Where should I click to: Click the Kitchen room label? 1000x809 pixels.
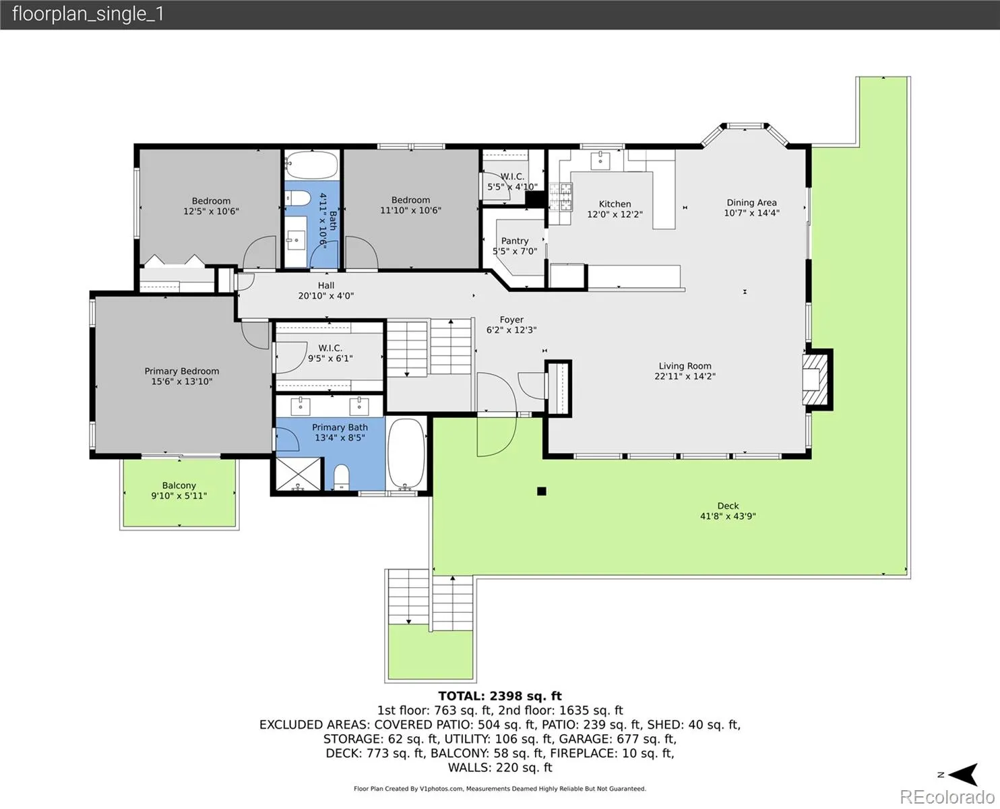(x=615, y=204)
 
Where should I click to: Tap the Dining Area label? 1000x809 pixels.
(x=751, y=203)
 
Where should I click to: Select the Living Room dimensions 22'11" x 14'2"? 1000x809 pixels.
(x=685, y=376)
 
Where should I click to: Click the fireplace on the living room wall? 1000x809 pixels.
(x=817, y=380)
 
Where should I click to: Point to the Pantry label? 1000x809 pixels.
(x=515, y=241)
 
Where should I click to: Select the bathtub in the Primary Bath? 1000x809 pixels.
(x=406, y=454)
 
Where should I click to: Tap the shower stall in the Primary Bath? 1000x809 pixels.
(x=299, y=474)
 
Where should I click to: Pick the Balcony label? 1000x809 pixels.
(x=179, y=485)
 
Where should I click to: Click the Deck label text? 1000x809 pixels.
(x=728, y=506)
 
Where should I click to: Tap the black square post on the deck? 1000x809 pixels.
(x=541, y=491)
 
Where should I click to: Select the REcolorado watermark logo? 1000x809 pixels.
(x=947, y=797)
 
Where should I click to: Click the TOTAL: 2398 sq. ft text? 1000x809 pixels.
(x=500, y=696)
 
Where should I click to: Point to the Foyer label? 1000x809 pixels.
(x=511, y=320)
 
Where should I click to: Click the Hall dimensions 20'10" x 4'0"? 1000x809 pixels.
(x=326, y=296)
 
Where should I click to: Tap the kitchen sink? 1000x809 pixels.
(x=600, y=160)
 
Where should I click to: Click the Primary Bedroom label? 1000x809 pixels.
(x=182, y=371)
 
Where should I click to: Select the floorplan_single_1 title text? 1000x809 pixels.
(x=88, y=14)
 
